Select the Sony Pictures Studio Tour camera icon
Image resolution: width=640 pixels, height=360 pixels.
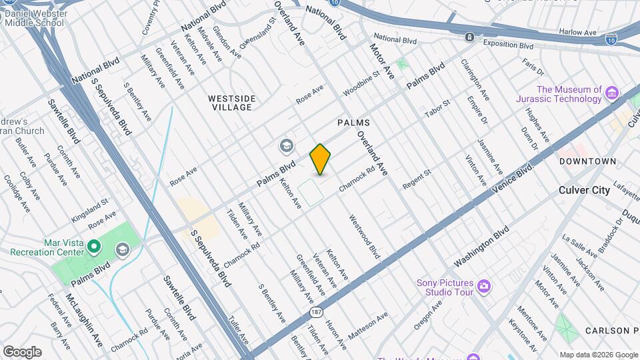pos(485,287)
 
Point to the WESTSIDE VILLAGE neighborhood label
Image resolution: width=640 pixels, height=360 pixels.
pos(231,103)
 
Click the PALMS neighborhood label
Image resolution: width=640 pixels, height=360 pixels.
pos(353,123)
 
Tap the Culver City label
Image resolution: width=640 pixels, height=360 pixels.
pos(584,190)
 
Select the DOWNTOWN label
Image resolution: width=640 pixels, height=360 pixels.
pos(587,161)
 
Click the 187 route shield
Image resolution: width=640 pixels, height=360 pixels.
pos(315,311)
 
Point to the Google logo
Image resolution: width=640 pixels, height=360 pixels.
pos(23,352)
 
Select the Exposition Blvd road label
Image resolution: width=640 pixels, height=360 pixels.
pos(509,46)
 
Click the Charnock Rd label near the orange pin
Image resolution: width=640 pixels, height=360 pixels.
pos(357,180)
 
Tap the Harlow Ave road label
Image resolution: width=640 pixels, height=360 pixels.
pos(578,32)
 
